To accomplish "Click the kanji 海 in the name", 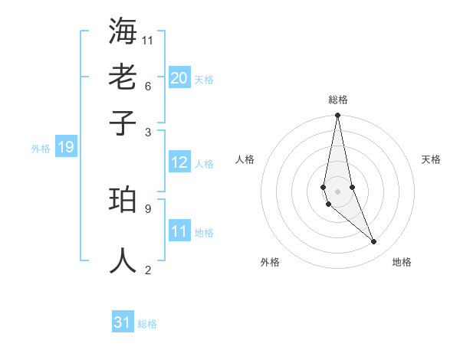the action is point(123,31).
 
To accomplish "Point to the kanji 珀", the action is point(123,200).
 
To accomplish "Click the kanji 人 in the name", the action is point(123,260).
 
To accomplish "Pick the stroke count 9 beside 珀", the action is point(148,208).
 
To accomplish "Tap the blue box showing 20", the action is point(179,77).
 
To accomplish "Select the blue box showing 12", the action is point(179,162).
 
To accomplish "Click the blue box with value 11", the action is point(179,231).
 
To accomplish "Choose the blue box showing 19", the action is point(65,147).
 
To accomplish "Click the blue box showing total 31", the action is point(123,322).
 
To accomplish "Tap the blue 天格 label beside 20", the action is point(204,80).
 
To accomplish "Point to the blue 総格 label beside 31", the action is point(147,325).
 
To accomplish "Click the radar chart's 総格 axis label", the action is point(338,100).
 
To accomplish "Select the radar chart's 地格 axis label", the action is point(402,263).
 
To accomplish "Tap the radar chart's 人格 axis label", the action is point(245,159).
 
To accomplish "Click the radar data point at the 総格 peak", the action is point(337,116).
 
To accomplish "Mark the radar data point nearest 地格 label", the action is point(374,242).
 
